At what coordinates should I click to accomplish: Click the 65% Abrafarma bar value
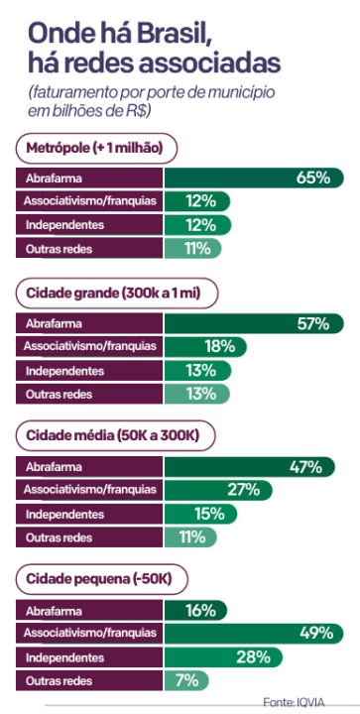[312, 178]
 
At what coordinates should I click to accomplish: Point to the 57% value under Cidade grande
[312, 323]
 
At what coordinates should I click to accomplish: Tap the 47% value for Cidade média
[305, 466]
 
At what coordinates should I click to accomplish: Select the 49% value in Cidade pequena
[316, 633]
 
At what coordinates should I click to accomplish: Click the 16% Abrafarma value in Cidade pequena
[200, 610]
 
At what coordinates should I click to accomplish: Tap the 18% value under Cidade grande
[218, 347]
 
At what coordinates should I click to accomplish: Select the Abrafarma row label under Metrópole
[55, 178]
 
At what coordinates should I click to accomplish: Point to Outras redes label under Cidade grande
[59, 394]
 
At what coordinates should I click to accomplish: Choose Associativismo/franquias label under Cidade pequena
[89, 633]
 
